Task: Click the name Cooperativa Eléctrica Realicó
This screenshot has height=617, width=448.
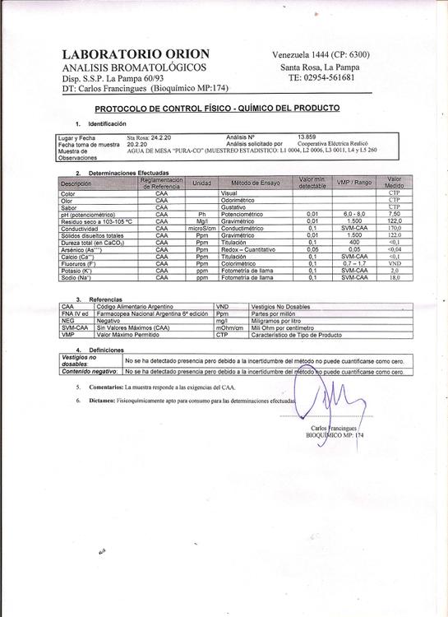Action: pos(337,142)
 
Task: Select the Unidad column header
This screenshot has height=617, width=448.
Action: pos(202,183)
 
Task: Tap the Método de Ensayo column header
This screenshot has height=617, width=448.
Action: pos(256,183)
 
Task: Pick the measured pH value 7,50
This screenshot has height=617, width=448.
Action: pos(395,214)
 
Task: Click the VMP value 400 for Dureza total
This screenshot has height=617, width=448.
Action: pos(354,243)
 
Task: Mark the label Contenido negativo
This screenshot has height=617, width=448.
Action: pos(86,372)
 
